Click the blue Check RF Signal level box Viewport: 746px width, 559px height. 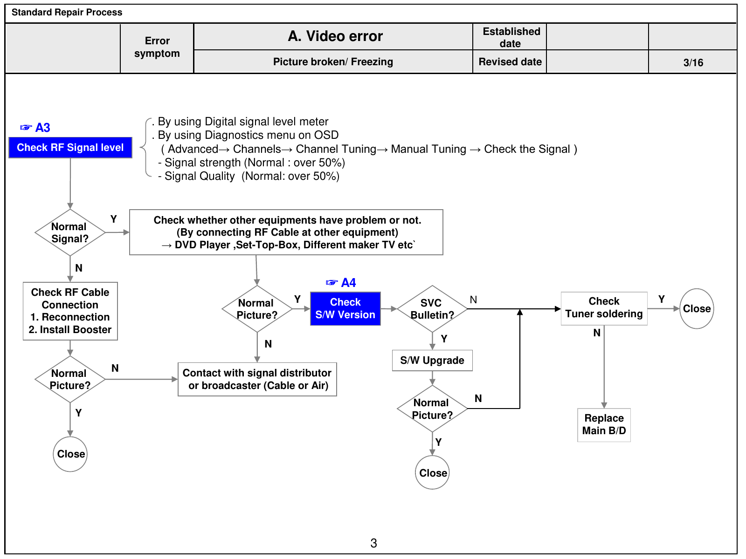click(x=70, y=148)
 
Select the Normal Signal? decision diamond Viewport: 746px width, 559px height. click(x=70, y=232)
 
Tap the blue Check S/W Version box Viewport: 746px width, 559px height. click(x=345, y=308)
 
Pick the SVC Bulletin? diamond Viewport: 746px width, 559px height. click(x=432, y=309)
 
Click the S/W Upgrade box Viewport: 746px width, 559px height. click(x=432, y=361)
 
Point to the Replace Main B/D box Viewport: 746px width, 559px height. click(x=604, y=425)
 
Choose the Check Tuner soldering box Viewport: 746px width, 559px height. click(x=604, y=308)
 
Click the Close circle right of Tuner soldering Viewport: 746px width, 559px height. click(x=697, y=308)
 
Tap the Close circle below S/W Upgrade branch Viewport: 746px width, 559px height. click(x=432, y=472)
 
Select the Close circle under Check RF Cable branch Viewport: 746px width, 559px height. click(x=70, y=454)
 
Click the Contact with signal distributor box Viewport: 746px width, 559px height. click(x=257, y=379)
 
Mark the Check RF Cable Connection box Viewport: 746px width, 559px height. click(x=70, y=311)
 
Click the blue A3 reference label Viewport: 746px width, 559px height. click(x=35, y=128)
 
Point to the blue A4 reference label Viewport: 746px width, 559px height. click(x=341, y=282)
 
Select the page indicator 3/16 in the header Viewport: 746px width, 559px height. click(x=693, y=63)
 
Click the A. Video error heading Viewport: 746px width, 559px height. click(x=335, y=36)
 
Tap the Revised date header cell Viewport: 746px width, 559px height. click(x=510, y=62)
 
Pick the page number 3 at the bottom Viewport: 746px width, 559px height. click(x=373, y=543)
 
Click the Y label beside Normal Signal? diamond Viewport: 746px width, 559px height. click(x=113, y=219)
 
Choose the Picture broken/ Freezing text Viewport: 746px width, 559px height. click(x=333, y=62)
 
